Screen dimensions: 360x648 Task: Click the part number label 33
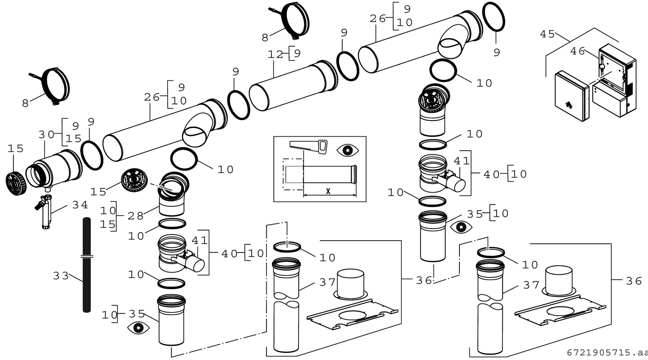61,276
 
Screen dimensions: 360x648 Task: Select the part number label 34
80,205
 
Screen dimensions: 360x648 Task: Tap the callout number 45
547,34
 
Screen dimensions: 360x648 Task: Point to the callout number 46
577,51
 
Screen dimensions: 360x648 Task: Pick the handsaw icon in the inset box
308,146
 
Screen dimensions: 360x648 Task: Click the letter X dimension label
328,191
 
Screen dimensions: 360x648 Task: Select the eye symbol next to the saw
348,150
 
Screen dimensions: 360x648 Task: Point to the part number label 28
135,216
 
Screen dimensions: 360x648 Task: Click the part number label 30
46,135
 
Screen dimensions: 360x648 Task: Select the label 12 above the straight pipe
275,54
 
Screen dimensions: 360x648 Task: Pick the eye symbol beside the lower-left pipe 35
138,328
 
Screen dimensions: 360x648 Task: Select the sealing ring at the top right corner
494,17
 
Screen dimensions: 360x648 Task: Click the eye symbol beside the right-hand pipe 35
461,227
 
